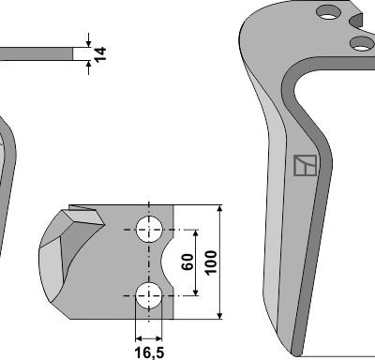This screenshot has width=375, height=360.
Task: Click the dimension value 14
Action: (x=100, y=54)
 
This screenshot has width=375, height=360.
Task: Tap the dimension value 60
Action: (x=187, y=262)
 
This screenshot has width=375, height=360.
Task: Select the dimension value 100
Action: (x=211, y=262)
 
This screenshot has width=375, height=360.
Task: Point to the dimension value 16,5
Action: (x=149, y=352)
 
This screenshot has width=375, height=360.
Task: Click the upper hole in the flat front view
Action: (x=149, y=229)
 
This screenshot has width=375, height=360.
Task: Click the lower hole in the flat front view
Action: (x=149, y=295)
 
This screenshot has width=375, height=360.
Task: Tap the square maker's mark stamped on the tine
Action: (x=306, y=165)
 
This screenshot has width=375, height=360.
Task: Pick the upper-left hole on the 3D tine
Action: (x=328, y=12)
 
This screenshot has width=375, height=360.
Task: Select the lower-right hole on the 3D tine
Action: (x=362, y=43)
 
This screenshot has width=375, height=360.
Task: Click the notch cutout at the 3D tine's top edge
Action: (x=356, y=21)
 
